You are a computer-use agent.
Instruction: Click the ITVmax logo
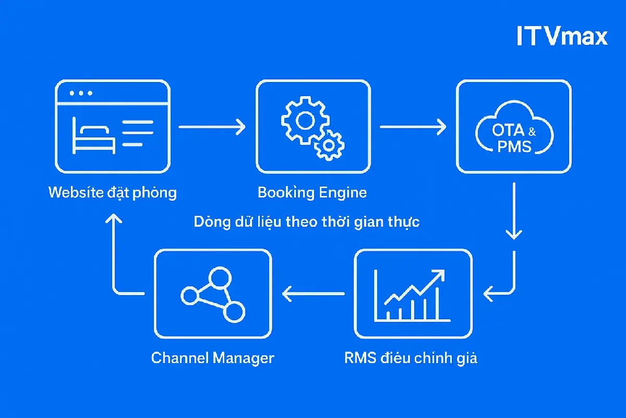[x=562, y=37]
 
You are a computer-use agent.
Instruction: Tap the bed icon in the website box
[x=94, y=136]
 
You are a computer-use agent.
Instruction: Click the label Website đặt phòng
[x=113, y=193]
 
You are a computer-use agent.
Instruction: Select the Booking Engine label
[x=312, y=193]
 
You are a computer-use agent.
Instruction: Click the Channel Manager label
[x=212, y=358]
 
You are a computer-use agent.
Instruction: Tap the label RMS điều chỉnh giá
[x=411, y=358]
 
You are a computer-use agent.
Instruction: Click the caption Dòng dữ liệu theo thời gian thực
[x=307, y=222]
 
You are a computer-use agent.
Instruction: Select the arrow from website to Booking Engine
[x=212, y=126]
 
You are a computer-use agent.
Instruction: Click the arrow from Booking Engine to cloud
[x=413, y=126]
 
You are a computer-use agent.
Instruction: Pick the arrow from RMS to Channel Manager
[x=313, y=294]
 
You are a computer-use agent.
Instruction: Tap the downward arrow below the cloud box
[x=514, y=212]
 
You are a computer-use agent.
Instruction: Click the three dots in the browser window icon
[x=81, y=94]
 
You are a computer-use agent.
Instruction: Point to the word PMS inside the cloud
[x=514, y=146]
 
